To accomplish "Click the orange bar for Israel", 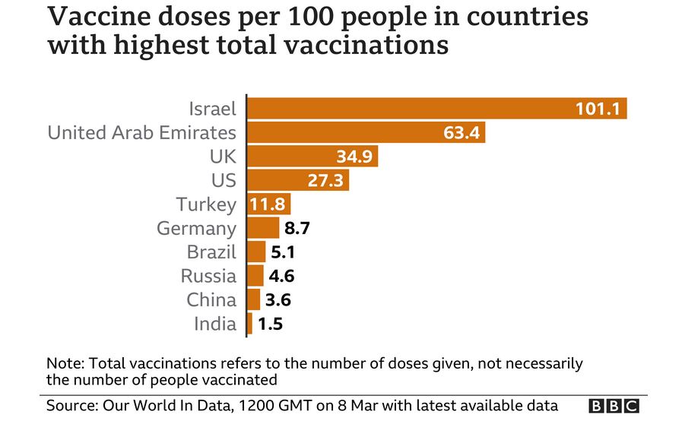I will point(411,109).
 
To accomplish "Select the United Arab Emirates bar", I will point(342,133).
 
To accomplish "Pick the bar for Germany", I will point(264,227).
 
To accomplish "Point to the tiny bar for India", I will point(249,324).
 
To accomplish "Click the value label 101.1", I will point(599,109).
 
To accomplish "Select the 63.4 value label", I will point(462,134).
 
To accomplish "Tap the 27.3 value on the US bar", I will point(325,181).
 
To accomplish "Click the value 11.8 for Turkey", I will point(268,204).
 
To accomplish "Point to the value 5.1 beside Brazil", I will point(284,252).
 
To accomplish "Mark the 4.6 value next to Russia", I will point(282,276).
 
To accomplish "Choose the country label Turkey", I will point(206,204).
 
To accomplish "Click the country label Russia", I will point(208,276).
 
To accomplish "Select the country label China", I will point(211,300).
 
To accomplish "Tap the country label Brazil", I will point(211,252).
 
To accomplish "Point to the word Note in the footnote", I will point(62,362).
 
